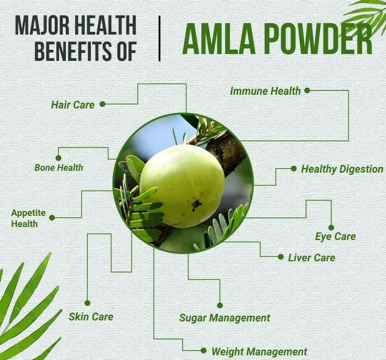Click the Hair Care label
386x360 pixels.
click(x=73, y=105)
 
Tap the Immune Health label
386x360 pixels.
click(x=265, y=91)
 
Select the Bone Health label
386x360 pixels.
click(x=59, y=168)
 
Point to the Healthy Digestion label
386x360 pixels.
click(x=342, y=169)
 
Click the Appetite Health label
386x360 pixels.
click(x=28, y=218)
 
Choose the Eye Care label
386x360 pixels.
click(x=336, y=237)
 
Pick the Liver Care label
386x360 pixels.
click(x=312, y=258)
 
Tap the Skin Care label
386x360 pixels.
click(x=91, y=317)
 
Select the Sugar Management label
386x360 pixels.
click(x=225, y=318)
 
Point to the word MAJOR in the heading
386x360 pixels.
click(x=42, y=25)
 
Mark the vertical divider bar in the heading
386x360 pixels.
click(x=160, y=39)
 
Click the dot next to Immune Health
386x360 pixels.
click(x=307, y=90)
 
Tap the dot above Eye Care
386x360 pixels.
click(x=331, y=227)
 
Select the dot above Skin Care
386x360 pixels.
click(x=87, y=303)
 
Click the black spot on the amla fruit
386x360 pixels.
click(x=196, y=205)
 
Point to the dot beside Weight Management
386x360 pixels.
click(x=203, y=350)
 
